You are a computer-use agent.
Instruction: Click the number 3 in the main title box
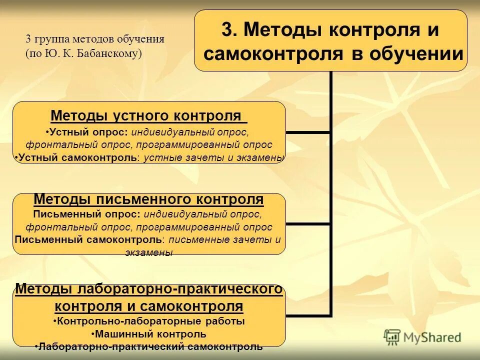point(226,30)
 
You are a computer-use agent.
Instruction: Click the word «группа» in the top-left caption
point(51,39)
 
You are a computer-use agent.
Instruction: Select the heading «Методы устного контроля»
point(148,116)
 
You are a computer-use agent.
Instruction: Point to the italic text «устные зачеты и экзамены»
point(213,157)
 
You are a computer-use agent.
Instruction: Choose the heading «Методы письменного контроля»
point(148,199)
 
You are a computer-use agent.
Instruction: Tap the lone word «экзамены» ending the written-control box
point(148,252)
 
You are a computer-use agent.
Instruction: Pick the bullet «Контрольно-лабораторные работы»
point(148,321)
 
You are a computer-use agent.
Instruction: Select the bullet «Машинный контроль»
point(148,333)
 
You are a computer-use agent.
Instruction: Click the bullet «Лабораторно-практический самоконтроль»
point(148,346)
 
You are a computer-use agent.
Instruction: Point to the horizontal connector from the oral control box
point(307,132)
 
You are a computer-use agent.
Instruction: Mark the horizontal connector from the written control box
point(307,223)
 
